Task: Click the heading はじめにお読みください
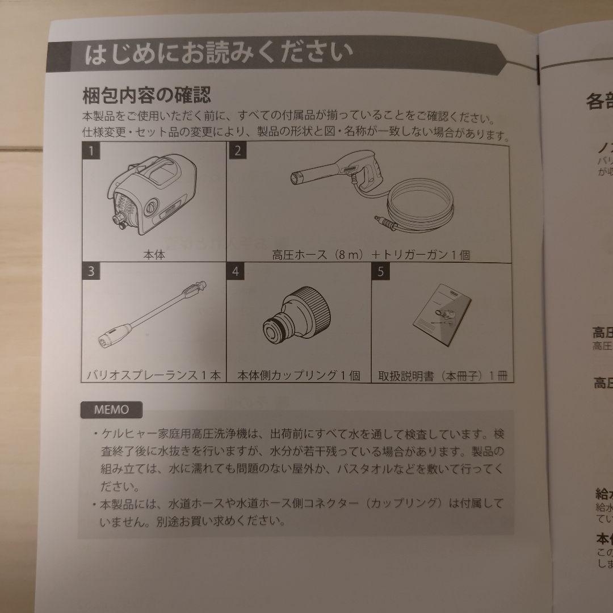click(x=219, y=55)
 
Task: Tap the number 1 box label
click(x=90, y=151)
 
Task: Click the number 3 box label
click(x=91, y=271)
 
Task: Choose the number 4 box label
click(x=236, y=271)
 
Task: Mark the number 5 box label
click(x=380, y=271)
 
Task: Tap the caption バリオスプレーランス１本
click(x=154, y=375)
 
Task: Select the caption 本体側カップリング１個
click(x=299, y=375)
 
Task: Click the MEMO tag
click(x=111, y=409)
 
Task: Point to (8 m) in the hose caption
click(x=347, y=255)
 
